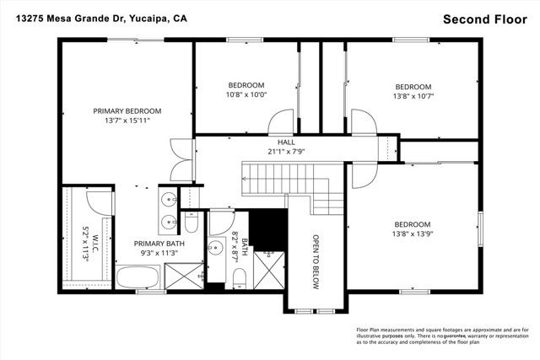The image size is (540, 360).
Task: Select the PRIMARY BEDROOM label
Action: [127, 110]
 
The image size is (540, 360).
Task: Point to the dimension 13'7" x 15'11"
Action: [127, 121]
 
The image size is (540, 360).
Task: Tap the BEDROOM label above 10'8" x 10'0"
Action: [246, 85]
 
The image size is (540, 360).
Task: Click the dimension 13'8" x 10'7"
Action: [413, 96]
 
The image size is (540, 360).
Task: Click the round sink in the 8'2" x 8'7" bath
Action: [216, 249]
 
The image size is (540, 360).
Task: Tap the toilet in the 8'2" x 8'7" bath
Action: [238, 277]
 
